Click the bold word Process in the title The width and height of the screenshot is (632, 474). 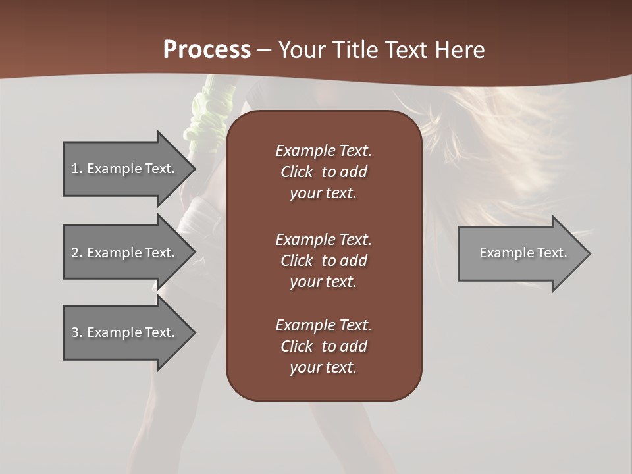coord(207,49)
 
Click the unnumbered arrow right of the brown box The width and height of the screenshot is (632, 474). coord(520,253)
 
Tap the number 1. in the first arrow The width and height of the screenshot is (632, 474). coord(77,169)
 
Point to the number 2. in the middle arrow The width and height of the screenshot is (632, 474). coord(77,253)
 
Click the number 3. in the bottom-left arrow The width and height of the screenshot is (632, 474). coord(77,332)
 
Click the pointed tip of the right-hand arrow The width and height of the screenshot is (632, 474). coord(587,253)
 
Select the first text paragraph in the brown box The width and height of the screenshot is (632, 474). coord(323,172)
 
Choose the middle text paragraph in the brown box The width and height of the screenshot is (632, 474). coord(323,261)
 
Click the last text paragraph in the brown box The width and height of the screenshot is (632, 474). coord(323,346)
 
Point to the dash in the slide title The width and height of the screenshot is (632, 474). coord(264,50)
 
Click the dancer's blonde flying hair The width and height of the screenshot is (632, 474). coord(487,145)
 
